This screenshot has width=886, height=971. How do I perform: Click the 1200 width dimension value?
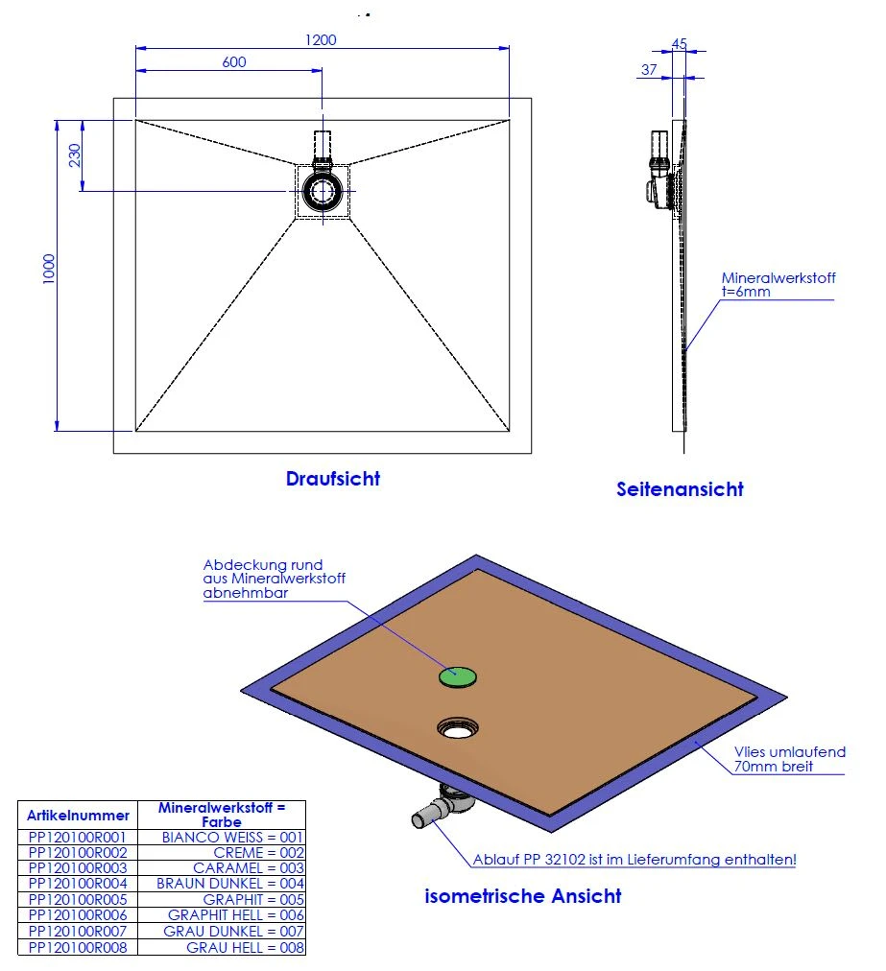(322, 40)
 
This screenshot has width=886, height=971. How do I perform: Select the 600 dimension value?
(234, 63)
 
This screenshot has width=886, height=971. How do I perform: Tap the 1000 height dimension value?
(49, 269)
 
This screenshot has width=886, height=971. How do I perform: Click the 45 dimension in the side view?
(680, 44)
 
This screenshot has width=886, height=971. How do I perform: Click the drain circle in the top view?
(322, 191)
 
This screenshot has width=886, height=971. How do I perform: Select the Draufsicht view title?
(333, 479)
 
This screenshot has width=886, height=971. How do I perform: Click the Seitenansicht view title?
(680, 489)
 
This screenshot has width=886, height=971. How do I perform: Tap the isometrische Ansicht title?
(522, 896)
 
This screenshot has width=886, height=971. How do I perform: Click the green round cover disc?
(457, 676)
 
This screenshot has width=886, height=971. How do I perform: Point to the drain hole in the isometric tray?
(458, 729)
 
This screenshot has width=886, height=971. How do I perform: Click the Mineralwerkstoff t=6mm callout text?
(778, 285)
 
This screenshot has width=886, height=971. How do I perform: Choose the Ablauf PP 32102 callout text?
(635, 860)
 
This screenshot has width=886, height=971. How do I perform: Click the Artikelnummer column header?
(78, 816)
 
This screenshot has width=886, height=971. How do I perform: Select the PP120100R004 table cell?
(78, 884)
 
